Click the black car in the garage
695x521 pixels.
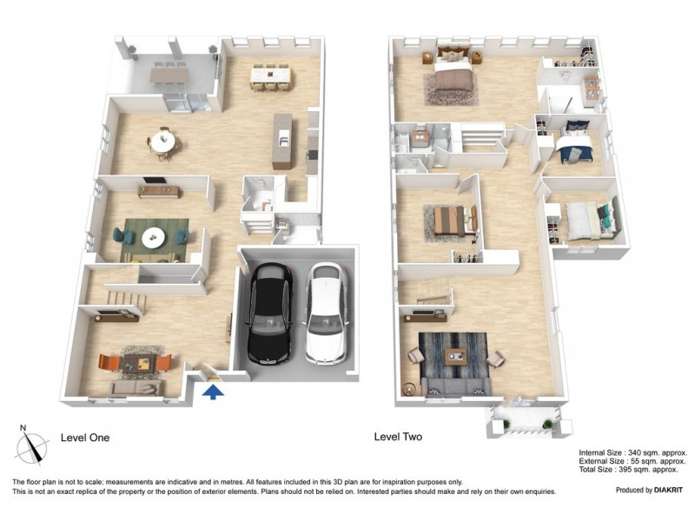pos(270,313)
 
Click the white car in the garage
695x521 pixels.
pos(327,313)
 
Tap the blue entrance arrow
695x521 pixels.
pos(213,392)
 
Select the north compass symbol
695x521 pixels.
pos(31,445)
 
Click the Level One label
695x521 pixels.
pos(85,438)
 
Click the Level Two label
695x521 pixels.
pos(398,437)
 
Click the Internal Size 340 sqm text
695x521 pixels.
pos(633,452)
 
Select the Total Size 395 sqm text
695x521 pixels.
pos(628,470)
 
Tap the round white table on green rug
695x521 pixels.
pos(153,237)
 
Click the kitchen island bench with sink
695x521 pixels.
pos(283,141)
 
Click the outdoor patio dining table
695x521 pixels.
pos(169,75)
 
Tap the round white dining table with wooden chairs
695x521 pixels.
pos(162,142)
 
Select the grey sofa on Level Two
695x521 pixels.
pos(456,387)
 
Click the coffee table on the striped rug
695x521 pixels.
pos(455,355)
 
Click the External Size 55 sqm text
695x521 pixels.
pos(632,461)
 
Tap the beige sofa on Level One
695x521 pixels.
pos(136,388)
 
